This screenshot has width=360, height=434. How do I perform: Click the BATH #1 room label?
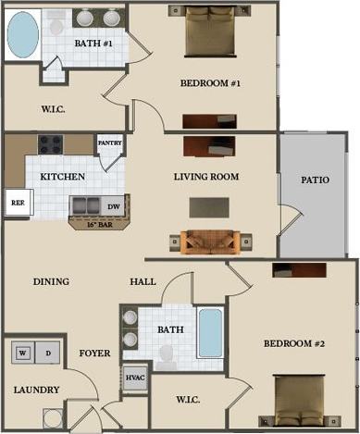(x=94, y=44)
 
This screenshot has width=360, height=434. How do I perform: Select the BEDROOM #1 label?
(x=210, y=83)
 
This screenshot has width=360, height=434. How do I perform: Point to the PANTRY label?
(x=110, y=143)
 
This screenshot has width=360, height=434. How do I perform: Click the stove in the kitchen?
(x=50, y=144)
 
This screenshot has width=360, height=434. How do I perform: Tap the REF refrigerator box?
(x=17, y=203)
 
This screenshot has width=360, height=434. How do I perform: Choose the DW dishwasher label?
(x=114, y=207)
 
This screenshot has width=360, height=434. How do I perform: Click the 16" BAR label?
(x=98, y=225)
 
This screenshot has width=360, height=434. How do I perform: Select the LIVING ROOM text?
(x=206, y=176)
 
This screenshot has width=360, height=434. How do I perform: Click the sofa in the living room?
(x=210, y=241)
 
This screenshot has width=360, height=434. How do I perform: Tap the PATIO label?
(x=316, y=180)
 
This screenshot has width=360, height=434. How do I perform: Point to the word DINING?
(x=52, y=281)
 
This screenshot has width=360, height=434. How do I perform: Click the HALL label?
(x=143, y=281)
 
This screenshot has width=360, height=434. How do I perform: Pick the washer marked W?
(x=21, y=353)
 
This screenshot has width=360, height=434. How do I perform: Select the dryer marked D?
(x=46, y=353)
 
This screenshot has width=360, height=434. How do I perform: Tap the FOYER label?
(x=94, y=353)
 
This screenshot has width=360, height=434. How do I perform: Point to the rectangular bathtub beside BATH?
(x=210, y=333)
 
